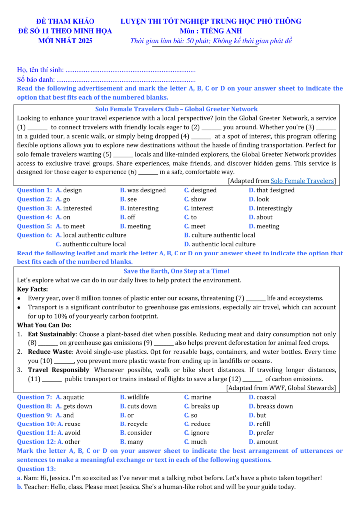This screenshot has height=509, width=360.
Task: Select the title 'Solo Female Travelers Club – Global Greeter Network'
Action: pyautogui.click(x=177, y=109)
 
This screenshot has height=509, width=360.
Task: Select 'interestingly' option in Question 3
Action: pyautogui.click(x=274, y=208)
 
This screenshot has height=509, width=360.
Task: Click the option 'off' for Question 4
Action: pyautogui.click(x=131, y=217)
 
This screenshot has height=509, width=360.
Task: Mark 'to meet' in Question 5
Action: pyautogui.click(x=74, y=226)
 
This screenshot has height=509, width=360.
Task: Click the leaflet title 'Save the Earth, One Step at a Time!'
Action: pyautogui.click(x=177, y=271)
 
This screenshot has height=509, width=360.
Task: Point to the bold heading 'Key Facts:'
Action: pyautogui.click(x=32, y=289)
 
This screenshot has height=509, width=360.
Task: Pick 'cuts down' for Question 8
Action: pyautogui.click(x=142, y=406)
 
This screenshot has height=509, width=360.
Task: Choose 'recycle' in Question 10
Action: pyautogui.click(x=137, y=424)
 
